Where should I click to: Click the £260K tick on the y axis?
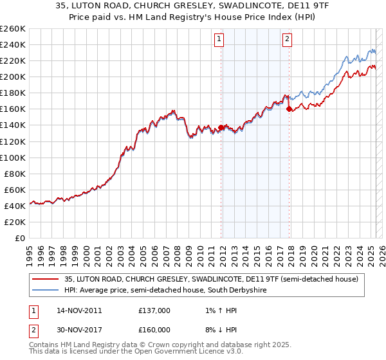point(12,29)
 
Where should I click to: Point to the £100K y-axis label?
point(12,157)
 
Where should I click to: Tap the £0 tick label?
point(20,238)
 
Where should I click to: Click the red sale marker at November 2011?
point(221,127)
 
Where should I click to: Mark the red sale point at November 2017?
point(289,109)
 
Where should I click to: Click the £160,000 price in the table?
point(154,329)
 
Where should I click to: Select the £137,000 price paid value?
point(154,310)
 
